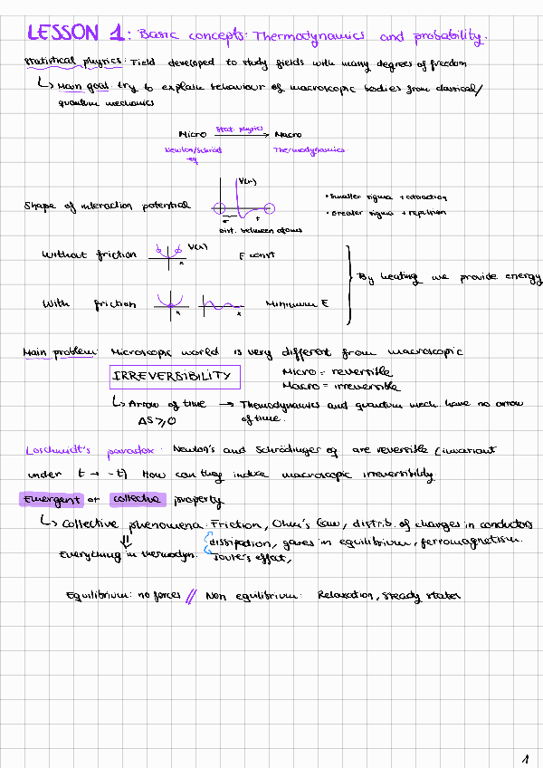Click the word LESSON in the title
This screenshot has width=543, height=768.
point(62,34)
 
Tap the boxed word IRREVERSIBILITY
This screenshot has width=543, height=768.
point(171,376)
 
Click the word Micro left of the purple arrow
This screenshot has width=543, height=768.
point(194,134)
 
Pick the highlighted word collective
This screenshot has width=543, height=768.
point(136,499)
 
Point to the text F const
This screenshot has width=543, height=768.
point(256,255)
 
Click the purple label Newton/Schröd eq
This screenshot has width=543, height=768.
point(193,154)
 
